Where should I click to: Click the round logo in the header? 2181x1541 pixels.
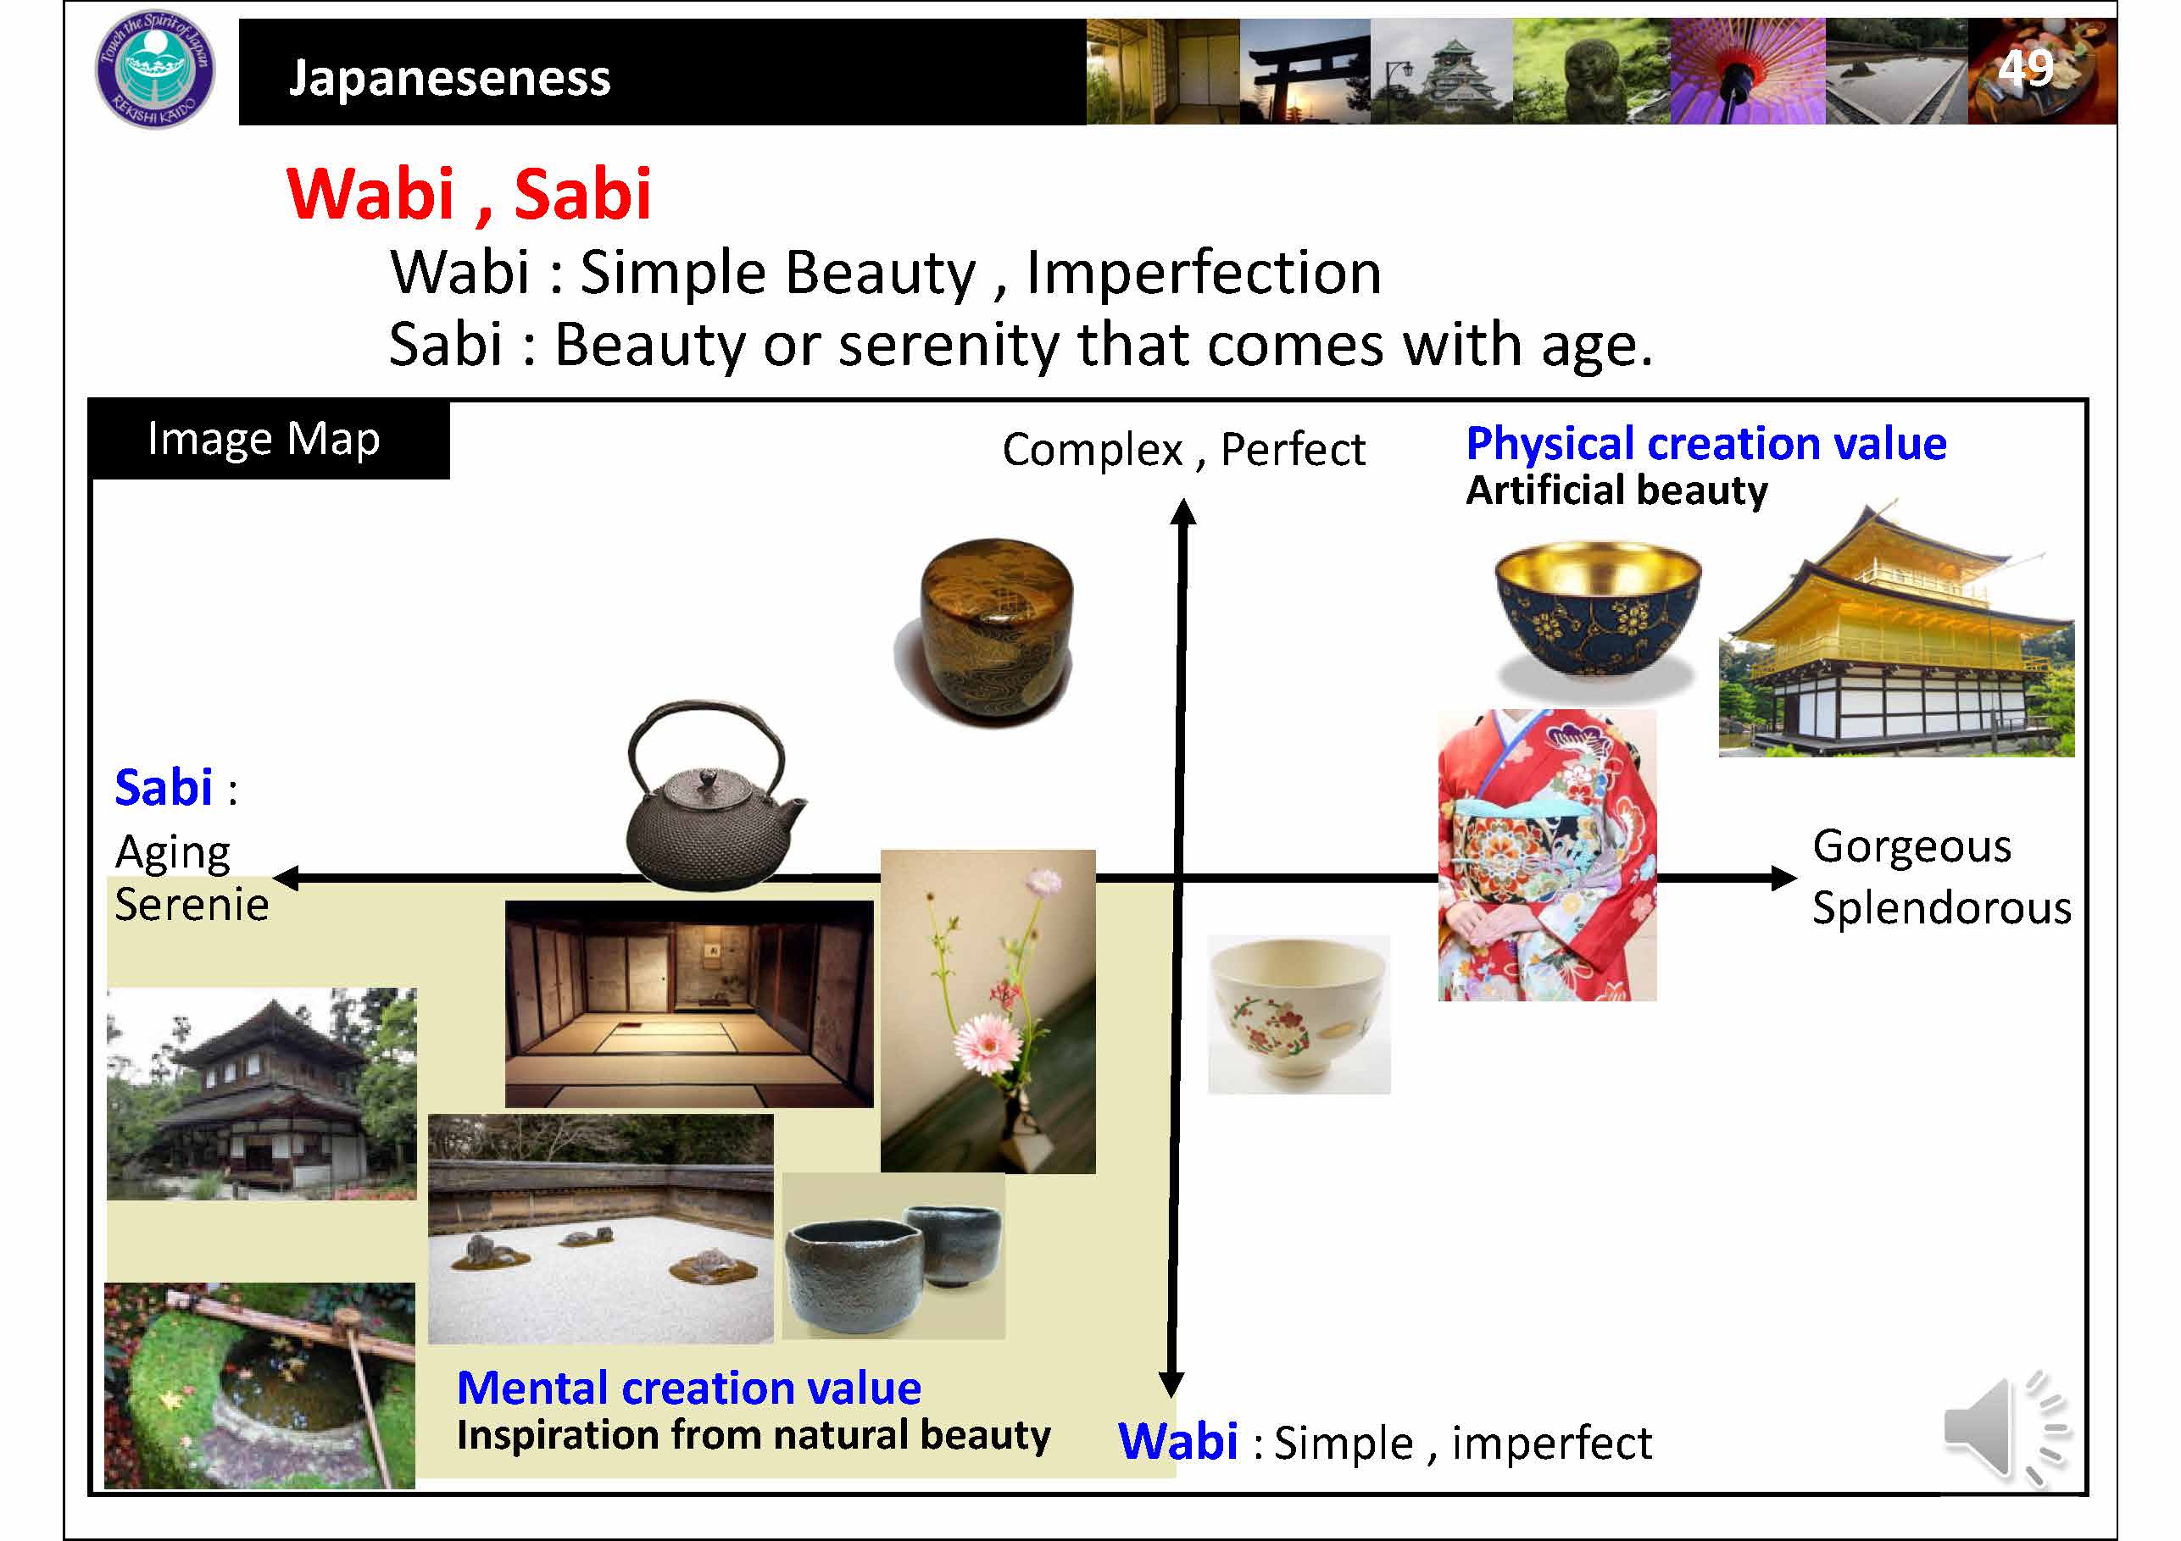point(156,69)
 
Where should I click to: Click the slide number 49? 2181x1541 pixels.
point(2025,69)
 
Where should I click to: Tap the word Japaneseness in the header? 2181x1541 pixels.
point(449,77)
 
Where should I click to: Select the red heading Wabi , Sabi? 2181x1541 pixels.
point(470,194)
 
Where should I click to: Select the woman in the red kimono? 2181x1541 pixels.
point(1548,855)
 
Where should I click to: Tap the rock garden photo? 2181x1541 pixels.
point(601,1228)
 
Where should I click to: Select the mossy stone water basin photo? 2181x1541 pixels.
point(259,1385)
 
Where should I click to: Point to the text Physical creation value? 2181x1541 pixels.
point(1706,443)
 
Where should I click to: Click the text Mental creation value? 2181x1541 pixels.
point(688,1389)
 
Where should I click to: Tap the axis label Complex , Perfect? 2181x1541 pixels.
point(1183,450)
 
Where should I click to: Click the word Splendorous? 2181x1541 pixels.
point(1942,907)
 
